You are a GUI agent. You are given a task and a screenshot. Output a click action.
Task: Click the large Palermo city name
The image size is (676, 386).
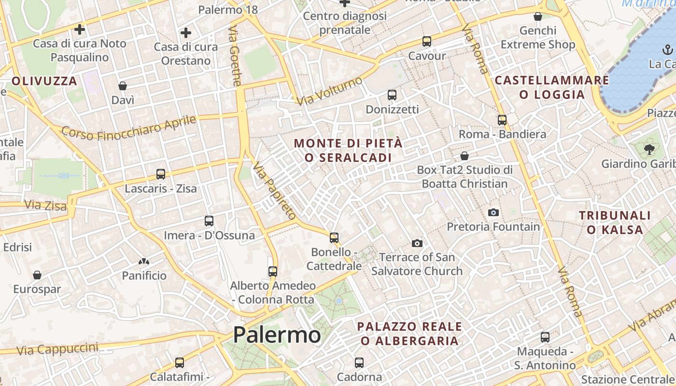tap(277, 335)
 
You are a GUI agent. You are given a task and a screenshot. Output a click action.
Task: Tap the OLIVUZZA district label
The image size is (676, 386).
tap(44, 81)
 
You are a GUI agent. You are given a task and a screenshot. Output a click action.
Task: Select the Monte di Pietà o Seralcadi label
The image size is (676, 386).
tap(348, 151)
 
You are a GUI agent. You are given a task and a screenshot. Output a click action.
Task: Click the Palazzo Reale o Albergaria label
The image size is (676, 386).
tap(409, 333)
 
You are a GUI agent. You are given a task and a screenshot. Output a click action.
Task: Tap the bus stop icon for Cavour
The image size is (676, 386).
tap(426, 41)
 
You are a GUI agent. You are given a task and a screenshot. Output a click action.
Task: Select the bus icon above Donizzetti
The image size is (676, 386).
tap(392, 95)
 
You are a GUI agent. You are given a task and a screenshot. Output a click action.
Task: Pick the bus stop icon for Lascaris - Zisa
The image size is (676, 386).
tap(161, 174)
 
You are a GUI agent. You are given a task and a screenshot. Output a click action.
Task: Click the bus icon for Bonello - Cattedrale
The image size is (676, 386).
tap(334, 237)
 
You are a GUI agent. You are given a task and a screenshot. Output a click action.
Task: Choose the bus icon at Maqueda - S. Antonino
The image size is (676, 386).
tap(545, 337)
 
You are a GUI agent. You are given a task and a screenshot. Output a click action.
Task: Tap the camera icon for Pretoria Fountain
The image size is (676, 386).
tap(493, 212)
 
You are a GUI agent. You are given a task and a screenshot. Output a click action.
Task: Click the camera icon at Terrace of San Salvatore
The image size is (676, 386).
tap(417, 243)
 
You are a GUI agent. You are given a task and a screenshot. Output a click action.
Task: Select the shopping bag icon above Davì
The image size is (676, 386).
tap(123, 86)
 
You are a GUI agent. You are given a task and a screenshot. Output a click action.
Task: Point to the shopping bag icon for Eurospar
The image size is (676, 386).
tap(37, 275)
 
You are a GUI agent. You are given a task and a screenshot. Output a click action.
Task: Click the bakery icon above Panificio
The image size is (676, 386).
tap(144, 262)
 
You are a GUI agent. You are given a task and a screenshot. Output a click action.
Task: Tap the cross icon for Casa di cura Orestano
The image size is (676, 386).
tap(186, 33)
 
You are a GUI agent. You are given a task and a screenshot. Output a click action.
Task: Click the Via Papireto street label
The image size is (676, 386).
tap(274, 191)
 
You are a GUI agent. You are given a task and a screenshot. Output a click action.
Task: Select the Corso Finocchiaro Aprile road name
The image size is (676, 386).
tap(129, 128)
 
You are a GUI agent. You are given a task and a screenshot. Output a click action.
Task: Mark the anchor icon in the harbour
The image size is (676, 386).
tap(667, 49)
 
